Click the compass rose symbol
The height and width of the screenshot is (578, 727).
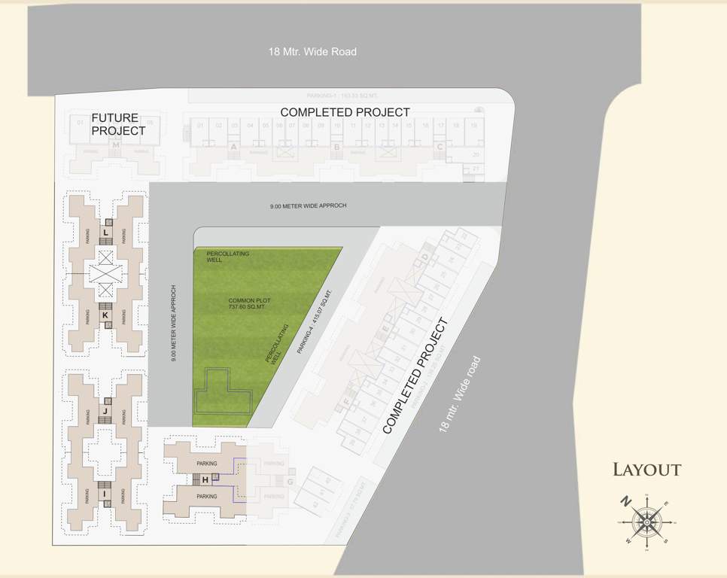coord(646,520)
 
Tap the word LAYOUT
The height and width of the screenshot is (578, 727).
coord(646,470)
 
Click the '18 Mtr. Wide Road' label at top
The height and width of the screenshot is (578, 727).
coord(312,52)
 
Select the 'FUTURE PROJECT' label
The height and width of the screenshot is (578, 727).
coord(117,124)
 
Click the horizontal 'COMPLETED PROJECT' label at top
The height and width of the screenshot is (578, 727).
coord(345,112)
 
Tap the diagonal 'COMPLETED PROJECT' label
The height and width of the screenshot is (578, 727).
coord(415,376)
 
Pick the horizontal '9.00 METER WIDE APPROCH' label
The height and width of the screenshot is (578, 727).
coord(309,205)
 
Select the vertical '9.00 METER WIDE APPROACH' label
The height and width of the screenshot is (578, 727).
coord(174,324)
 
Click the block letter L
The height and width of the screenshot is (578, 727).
coord(106,234)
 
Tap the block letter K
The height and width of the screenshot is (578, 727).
coord(105,315)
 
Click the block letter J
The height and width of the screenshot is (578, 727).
coord(105,411)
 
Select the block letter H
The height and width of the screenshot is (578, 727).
coord(205,479)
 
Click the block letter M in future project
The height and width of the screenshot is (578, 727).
coord(116,144)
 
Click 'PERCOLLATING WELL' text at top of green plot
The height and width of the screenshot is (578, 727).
coord(227,257)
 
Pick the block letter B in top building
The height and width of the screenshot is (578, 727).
coord(336,148)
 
